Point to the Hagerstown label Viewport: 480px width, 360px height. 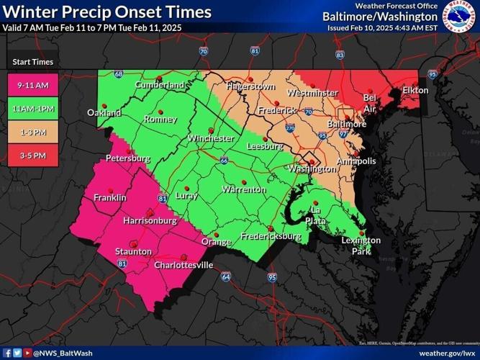coord(250,86)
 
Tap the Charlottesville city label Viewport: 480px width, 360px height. coord(184,265)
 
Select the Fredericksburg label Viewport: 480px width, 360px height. coord(270,236)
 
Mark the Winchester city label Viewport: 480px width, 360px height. coord(210,138)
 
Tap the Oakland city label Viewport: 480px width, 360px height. coord(104,112)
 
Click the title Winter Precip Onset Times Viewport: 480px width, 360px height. coord(107,12)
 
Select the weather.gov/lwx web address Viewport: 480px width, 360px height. coord(447,353)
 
